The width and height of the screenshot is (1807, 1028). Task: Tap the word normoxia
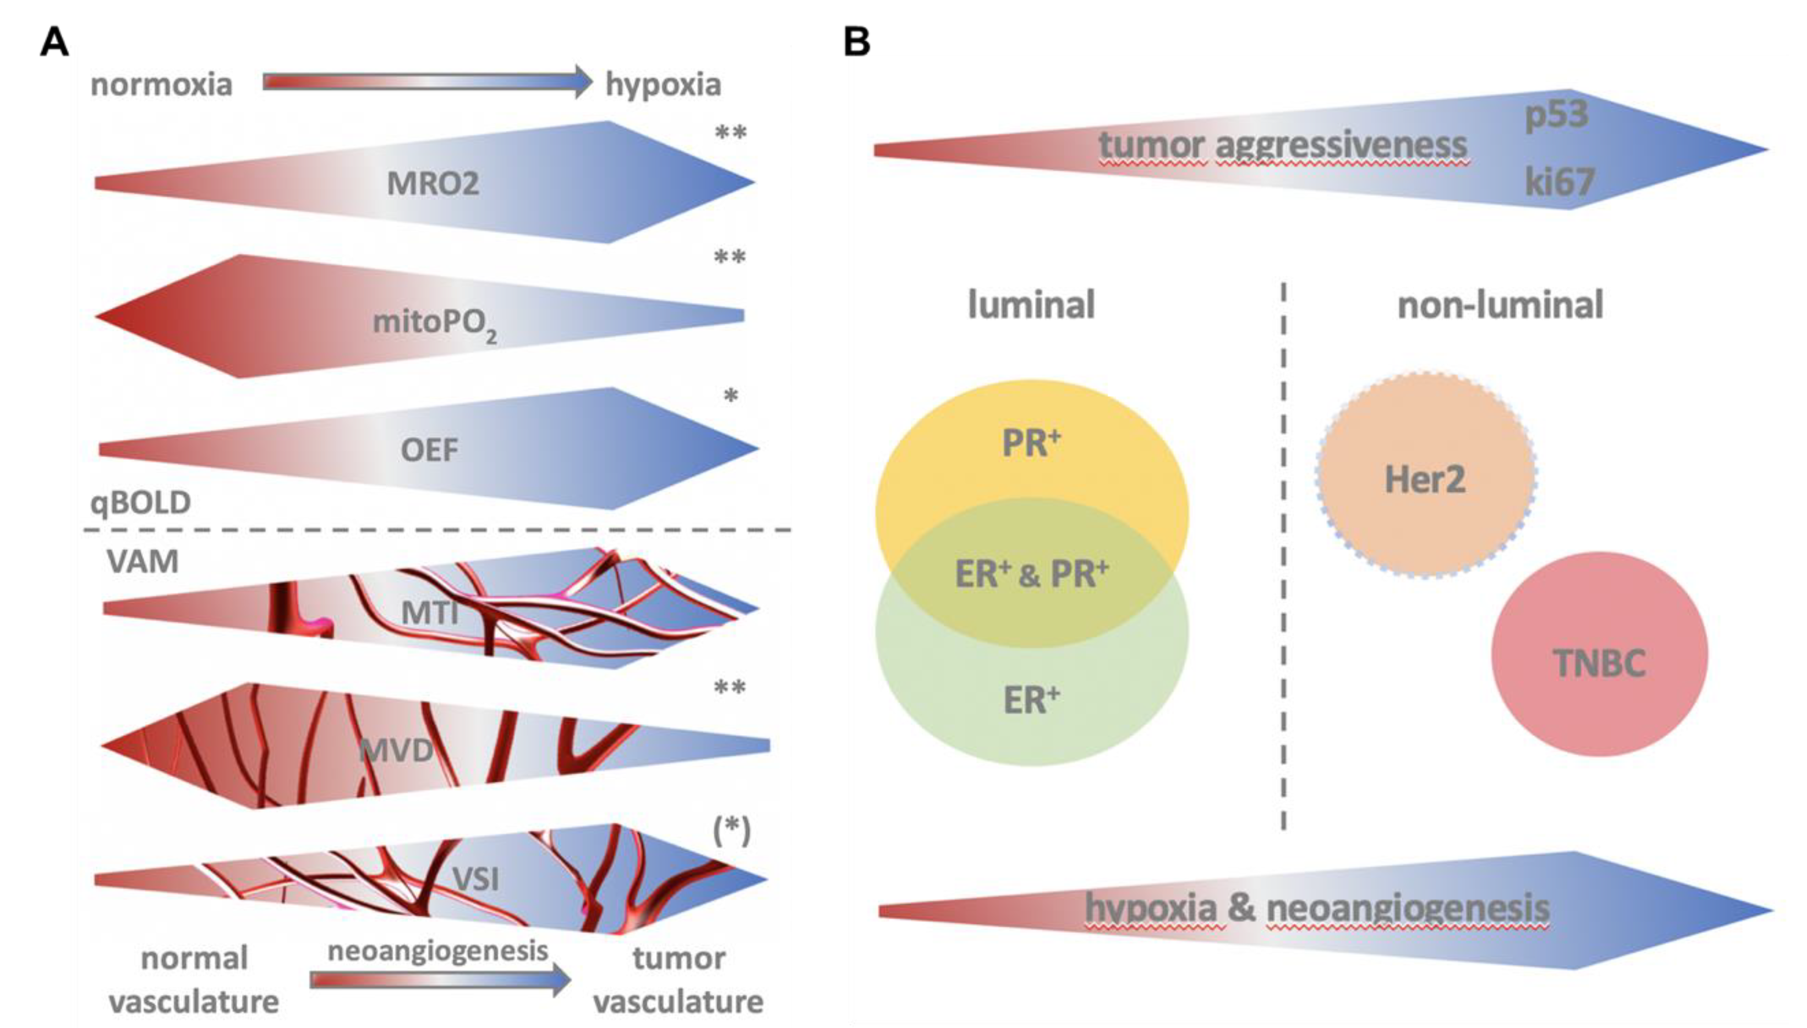[x=161, y=85]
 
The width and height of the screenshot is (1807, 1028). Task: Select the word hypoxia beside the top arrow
[x=663, y=85]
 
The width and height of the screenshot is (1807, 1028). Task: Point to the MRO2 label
[x=433, y=184]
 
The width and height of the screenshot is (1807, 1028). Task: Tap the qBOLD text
[x=140, y=502]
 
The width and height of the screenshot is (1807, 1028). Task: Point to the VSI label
[x=475, y=880]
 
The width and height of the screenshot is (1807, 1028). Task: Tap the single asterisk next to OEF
[x=731, y=396]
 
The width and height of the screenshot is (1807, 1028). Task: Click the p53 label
[x=1556, y=115]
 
